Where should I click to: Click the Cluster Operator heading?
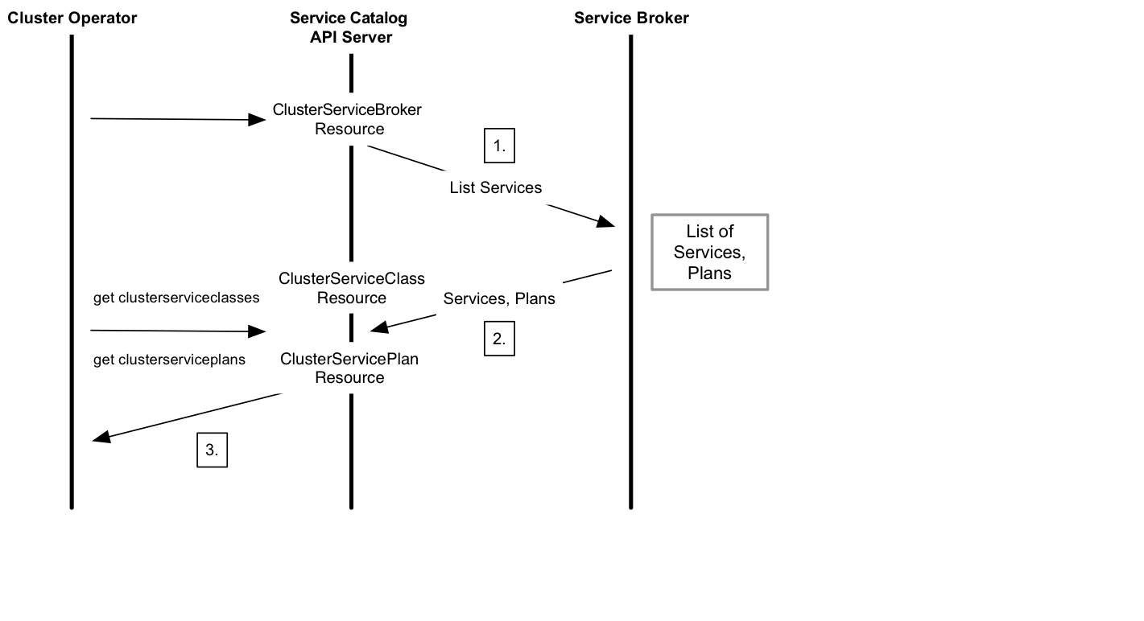72,18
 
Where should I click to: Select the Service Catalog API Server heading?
349,27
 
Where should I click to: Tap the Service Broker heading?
631,18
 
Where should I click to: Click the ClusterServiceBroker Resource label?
348,119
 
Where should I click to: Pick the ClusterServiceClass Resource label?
352,288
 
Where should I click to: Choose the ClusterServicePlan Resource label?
349,368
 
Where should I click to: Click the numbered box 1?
499,146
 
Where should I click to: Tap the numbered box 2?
499,339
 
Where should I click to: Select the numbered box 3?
212,450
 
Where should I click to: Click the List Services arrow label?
495,187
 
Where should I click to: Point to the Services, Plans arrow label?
499,298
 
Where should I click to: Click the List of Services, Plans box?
709,252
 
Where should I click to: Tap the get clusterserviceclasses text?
176,298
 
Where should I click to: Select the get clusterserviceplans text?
169,360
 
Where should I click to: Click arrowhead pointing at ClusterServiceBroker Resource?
257,120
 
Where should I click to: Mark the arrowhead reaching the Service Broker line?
606,222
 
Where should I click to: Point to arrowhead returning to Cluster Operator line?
101,438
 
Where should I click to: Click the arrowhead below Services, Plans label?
379,327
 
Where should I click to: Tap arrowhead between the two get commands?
257,331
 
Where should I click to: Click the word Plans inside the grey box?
709,273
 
